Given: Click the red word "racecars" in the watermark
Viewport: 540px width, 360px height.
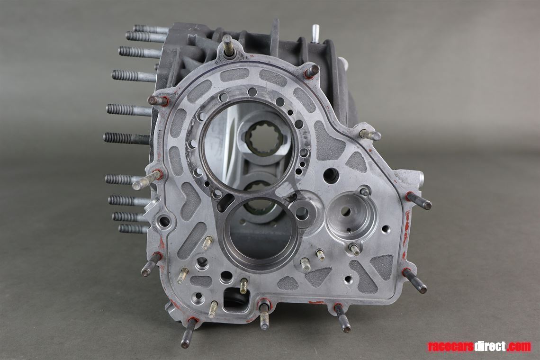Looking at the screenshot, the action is pyautogui.click(x=450, y=346).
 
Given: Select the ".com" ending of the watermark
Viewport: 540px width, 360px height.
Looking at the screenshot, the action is pyautogui.click(x=519, y=346).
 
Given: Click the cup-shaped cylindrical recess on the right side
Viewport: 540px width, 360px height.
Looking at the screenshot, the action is pyautogui.click(x=350, y=212).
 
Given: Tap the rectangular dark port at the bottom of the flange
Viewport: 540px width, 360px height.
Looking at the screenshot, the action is pyautogui.click(x=235, y=297).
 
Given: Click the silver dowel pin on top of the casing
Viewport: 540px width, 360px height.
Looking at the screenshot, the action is pyautogui.click(x=315, y=34).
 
